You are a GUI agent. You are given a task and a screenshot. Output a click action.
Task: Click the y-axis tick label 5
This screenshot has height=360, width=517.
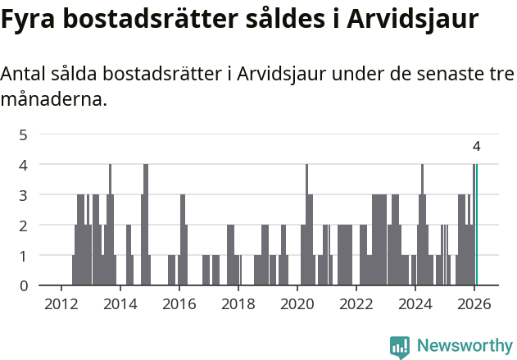[x=23, y=134]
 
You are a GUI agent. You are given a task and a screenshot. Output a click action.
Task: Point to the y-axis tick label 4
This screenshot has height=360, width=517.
[x=23, y=165]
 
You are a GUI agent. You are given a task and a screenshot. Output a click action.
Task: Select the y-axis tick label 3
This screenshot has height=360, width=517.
[x=23, y=195]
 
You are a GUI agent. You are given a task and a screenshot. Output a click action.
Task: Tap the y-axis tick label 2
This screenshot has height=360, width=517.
[x=23, y=226]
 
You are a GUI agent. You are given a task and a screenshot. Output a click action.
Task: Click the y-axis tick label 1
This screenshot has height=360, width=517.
[x=23, y=256]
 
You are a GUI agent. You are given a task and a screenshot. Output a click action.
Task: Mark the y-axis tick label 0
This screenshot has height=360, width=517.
[x=23, y=286]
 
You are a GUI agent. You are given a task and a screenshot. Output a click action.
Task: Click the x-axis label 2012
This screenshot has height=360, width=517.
[x=61, y=303]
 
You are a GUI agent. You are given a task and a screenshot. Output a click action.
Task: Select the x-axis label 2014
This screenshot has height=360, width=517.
[x=120, y=303]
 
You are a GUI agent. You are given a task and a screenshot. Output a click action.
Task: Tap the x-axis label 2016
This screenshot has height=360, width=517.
[x=179, y=303]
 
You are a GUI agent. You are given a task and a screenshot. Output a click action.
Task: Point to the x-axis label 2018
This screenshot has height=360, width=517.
[x=238, y=303]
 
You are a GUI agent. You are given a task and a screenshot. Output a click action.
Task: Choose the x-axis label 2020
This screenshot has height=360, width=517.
[x=297, y=303]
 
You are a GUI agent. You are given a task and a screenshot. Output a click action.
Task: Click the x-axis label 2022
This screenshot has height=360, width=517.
[x=356, y=303]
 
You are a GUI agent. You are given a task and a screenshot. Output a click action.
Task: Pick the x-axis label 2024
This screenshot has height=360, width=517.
[x=415, y=303]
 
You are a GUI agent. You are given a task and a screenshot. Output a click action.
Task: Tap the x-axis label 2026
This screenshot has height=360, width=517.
[x=474, y=303]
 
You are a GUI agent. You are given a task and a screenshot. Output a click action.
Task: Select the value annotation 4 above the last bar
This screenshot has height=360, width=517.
[x=476, y=147]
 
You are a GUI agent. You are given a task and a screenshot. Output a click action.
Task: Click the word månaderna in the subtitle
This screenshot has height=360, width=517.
[x=53, y=101]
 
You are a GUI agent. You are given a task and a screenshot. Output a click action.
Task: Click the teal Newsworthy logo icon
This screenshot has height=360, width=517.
[x=400, y=347]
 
